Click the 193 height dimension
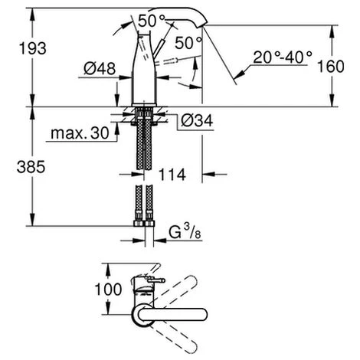(33, 48)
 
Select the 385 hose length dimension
(31, 167)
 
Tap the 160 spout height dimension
(330, 66)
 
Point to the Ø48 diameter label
(100, 68)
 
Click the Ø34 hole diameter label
(197, 120)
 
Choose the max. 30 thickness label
(80, 133)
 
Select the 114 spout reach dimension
(172, 175)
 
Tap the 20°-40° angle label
(283, 57)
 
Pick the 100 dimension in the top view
(108, 290)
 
